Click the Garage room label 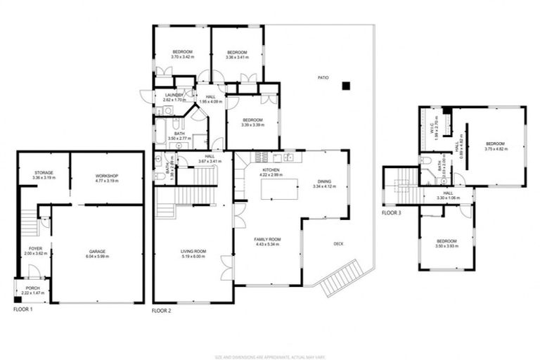(97, 253)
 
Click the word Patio (323, 77)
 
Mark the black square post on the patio (345, 86)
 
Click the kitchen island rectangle (279, 189)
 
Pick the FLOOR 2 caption (162, 309)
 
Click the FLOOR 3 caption (392, 212)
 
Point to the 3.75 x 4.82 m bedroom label (496, 146)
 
